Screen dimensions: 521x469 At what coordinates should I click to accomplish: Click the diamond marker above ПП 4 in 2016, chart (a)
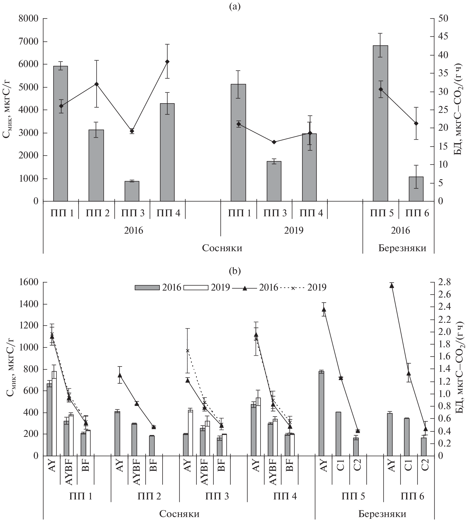tap(167, 62)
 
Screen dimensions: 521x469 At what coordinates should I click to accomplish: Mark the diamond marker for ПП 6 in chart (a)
tap(416, 124)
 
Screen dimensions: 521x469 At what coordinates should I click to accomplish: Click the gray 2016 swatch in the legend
tap(147, 287)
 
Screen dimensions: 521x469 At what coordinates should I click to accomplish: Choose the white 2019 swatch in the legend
tap(196, 287)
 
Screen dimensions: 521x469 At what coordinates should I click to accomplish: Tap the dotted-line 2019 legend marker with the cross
tap(293, 288)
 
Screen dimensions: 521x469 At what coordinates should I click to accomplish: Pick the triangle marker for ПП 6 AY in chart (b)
tap(392, 286)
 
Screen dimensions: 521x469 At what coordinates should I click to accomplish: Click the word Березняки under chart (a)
tap(402, 248)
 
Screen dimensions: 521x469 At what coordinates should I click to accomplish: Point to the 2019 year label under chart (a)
tap(294, 230)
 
